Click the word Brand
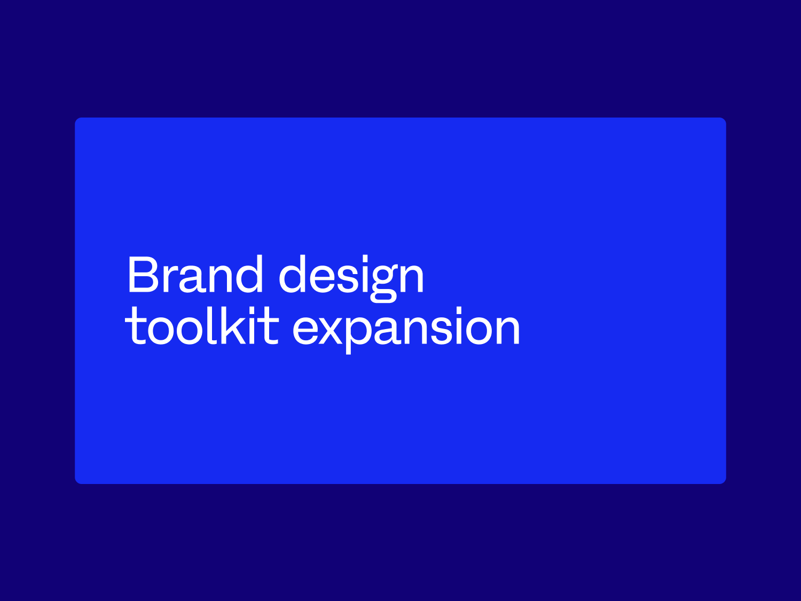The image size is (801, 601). (195, 275)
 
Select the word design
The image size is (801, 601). (351, 276)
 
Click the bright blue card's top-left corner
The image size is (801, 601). (76, 119)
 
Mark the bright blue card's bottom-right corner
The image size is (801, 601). (725, 482)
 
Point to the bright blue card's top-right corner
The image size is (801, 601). (725, 119)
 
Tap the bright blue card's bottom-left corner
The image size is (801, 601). (76, 482)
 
